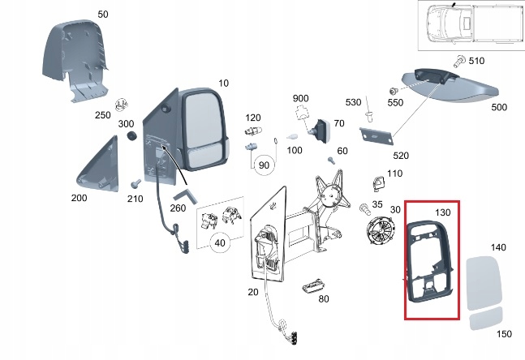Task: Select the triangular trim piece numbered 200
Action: coord(97,166)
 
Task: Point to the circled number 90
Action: coord(263,165)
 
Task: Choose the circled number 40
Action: coord(218,242)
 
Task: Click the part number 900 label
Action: coord(300,98)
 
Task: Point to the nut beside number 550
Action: coord(394,89)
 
